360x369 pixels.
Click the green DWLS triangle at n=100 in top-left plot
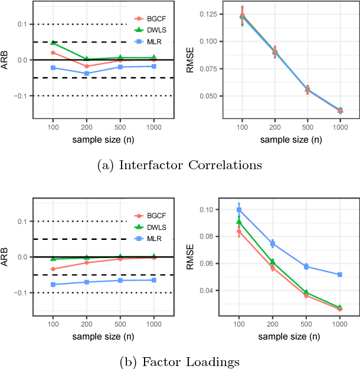[53, 42]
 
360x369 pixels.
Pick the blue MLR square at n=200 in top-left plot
[86, 73]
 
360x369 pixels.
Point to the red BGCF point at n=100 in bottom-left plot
[53, 269]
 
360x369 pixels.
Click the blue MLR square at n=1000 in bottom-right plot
[340, 275]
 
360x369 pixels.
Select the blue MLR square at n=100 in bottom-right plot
[239, 210]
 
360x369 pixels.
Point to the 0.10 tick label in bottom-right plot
[208, 210]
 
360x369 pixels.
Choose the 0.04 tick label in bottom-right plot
[208, 291]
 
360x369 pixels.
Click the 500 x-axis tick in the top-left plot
[120, 127]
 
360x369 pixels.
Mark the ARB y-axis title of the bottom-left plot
[6, 256]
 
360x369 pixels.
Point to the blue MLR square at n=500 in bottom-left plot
[120, 280]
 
